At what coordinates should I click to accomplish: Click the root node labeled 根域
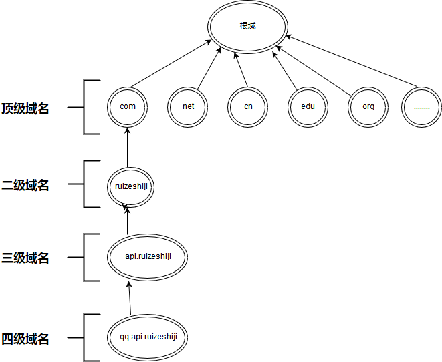247,27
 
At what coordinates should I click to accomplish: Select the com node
128,106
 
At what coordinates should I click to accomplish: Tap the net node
188,106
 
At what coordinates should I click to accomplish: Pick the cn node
248,106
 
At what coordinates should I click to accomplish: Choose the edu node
308,106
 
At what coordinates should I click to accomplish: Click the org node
368,106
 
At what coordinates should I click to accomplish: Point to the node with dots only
422,106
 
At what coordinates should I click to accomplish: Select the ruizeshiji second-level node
131,186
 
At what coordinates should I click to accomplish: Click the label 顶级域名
25,108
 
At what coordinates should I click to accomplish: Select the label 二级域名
25,186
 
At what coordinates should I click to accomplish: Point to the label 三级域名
25,258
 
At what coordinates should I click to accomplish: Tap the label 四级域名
25,339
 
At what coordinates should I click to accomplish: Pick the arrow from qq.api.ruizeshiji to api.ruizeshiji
129,297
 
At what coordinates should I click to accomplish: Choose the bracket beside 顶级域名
85,107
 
